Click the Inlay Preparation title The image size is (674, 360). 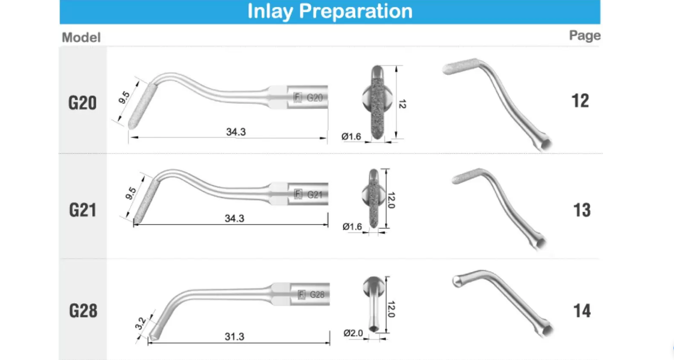click(330, 12)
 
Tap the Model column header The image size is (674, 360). click(81, 38)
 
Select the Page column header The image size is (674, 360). click(585, 36)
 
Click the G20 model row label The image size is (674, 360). click(82, 103)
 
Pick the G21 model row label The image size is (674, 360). click(83, 210)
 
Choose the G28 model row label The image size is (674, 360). click(83, 310)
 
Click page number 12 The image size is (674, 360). click(580, 101)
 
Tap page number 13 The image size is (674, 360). click(582, 210)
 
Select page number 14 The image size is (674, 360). click(582, 310)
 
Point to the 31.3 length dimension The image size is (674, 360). click(234, 336)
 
